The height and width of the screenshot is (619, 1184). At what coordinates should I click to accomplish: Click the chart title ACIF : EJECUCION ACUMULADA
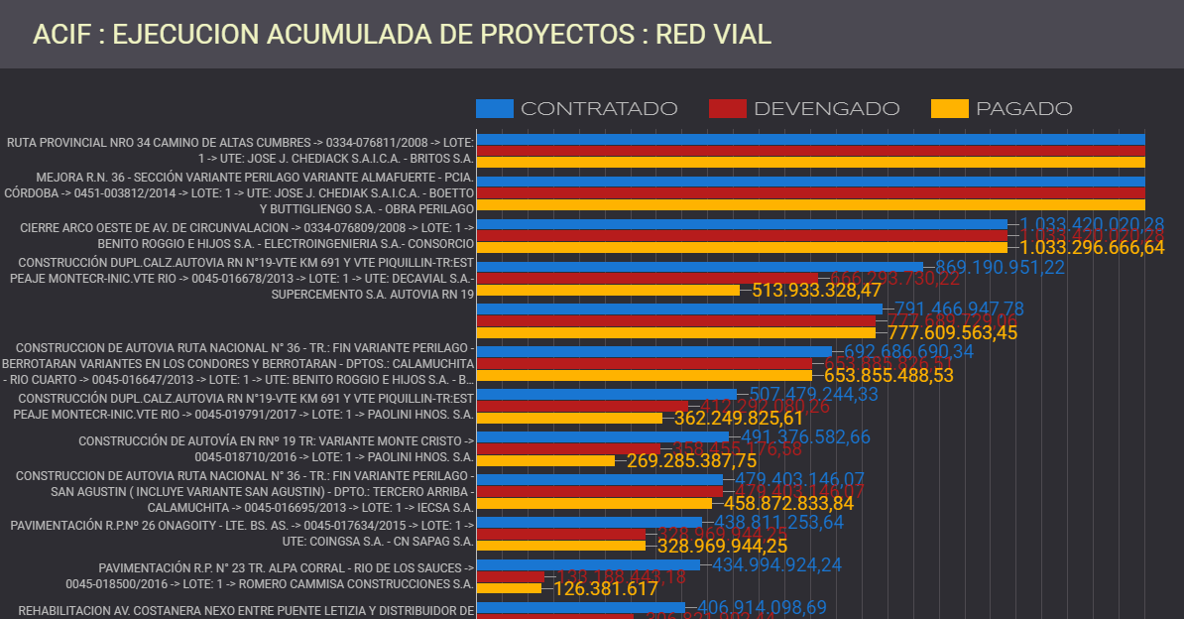click(402, 35)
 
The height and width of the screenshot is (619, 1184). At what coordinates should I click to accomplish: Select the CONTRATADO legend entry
click(577, 109)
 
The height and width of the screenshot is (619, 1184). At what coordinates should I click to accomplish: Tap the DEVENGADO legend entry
click(804, 109)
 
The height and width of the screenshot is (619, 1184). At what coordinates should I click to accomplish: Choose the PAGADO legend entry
click(1003, 109)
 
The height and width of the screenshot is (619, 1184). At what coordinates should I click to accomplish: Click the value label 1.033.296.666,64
click(1092, 248)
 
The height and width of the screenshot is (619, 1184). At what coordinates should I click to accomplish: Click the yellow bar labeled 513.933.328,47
click(608, 291)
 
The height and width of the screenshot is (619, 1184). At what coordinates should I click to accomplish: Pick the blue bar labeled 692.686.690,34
click(653, 351)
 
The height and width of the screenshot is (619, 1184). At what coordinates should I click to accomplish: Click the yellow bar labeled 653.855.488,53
click(644, 375)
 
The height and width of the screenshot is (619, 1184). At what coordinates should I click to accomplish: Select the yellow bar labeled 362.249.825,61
click(569, 418)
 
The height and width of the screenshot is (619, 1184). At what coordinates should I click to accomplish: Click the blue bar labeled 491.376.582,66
click(602, 436)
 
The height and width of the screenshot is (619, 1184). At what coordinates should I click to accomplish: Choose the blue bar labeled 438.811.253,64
click(589, 522)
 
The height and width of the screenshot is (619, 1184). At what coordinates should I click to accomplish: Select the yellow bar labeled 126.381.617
click(509, 588)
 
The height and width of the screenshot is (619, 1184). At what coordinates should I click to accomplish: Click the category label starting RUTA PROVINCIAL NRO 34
click(240, 151)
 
